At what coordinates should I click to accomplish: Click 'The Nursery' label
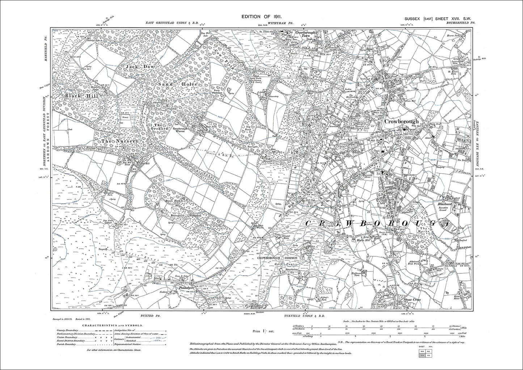pos(115,141)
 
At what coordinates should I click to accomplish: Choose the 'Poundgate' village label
pos(188,289)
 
